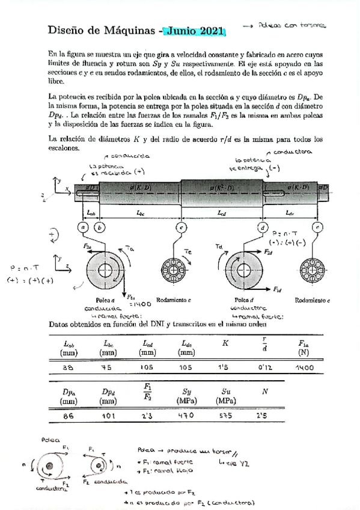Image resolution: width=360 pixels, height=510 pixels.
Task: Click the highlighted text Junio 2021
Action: point(194,31)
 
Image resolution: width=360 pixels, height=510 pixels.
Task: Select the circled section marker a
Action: point(84,227)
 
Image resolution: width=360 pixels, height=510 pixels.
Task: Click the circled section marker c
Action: point(180,227)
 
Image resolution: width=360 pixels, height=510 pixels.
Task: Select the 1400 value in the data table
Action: point(306,366)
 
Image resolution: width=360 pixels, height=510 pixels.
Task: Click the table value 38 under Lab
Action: point(68,366)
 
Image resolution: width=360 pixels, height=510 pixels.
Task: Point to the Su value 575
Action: point(225,414)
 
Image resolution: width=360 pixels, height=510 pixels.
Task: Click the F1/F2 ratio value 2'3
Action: point(147,414)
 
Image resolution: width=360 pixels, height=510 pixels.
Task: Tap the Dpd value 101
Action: point(108,414)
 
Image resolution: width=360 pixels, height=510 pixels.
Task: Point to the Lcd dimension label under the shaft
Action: point(221,212)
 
